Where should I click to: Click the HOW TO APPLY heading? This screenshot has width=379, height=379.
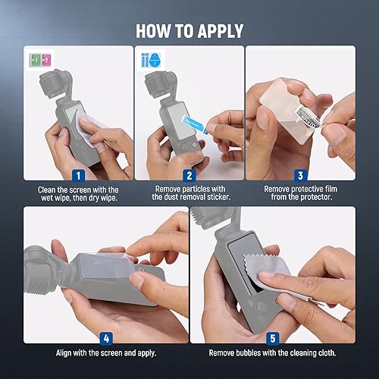pos(189,30)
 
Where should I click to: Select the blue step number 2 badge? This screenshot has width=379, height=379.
pos(189,175)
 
